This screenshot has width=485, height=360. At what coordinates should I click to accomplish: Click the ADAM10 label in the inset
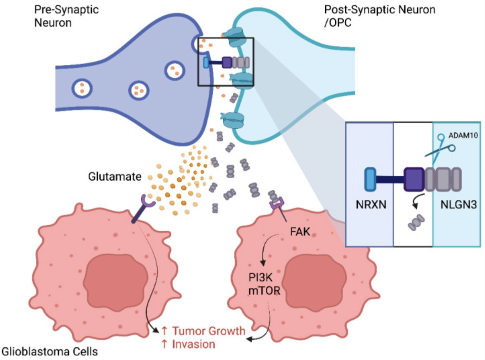[x=463, y=136]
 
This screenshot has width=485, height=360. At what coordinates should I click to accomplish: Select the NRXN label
[x=371, y=204]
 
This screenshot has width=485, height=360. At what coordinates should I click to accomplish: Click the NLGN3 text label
[x=458, y=204]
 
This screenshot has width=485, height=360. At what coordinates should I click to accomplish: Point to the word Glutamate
[x=115, y=176]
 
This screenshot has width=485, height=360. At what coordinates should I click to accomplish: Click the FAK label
[x=300, y=232]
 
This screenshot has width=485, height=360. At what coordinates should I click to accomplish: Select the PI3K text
[x=260, y=277]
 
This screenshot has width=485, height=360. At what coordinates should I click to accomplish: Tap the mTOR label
[x=264, y=290]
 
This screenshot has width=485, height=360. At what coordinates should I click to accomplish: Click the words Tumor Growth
[x=208, y=331]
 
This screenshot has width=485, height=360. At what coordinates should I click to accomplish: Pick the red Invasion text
[x=193, y=344]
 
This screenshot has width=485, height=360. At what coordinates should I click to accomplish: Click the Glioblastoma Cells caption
[x=50, y=352]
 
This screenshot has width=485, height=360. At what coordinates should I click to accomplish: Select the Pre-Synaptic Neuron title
[x=66, y=16]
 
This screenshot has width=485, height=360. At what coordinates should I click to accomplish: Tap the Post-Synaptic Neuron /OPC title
[x=379, y=16]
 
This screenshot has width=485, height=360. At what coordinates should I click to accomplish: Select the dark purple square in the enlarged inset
[x=414, y=180]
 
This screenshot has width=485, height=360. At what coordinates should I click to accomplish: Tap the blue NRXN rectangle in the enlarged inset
[x=370, y=180]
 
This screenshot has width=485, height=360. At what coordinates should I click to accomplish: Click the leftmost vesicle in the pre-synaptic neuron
[x=82, y=88]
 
